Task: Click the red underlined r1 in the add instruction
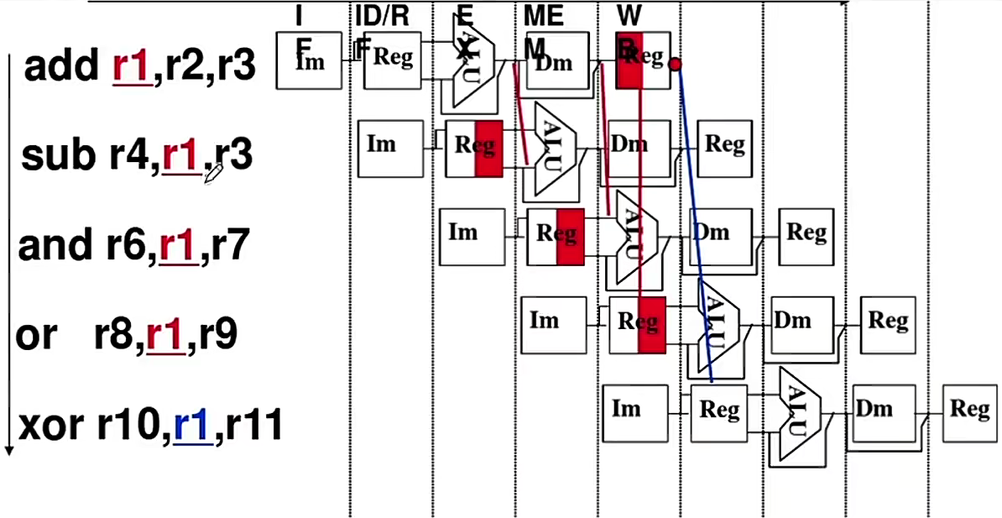[x=131, y=66]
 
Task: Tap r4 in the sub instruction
[x=128, y=155]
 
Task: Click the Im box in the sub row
[x=389, y=149]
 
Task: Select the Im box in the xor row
[x=635, y=412]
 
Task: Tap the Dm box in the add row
[x=554, y=60]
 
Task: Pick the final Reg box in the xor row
[x=969, y=412]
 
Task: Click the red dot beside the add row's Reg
[x=675, y=64]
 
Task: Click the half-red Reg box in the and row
[x=555, y=236]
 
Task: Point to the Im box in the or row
[x=553, y=323]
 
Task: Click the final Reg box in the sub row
[x=724, y=147]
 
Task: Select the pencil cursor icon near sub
[x=212, y=173]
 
